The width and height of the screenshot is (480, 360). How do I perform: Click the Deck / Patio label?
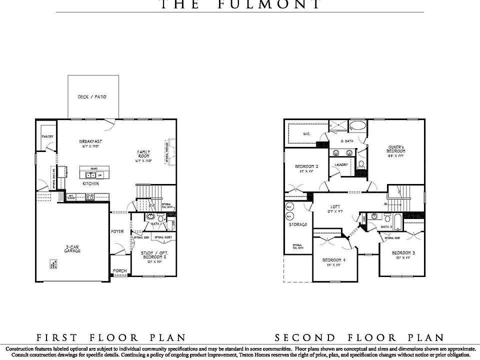pyautogui.click(x=92, y=97)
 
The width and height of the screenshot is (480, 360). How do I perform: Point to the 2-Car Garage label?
pyautogui.click(x=72, y=248)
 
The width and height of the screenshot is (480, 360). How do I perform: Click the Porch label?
pyautogui.click(x=119, y=271)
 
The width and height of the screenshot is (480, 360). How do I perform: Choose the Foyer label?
pyautogui.click(x=117, y=231)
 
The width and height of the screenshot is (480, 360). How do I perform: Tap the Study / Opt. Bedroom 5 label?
pyautogui.click(x=154, y=256)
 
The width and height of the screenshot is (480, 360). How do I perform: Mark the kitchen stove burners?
pyautogui.click(x=90, y=197)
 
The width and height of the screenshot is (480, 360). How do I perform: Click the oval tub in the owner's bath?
pyautogui.click(x=356, y=125)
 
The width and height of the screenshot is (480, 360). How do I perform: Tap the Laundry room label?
pyautogui.click(x=341, y=164)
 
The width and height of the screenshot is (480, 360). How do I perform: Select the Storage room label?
pyautogui.click(x=298, y=224)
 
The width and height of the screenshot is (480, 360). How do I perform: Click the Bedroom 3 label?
pyautogui.click(x=403, y=253)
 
